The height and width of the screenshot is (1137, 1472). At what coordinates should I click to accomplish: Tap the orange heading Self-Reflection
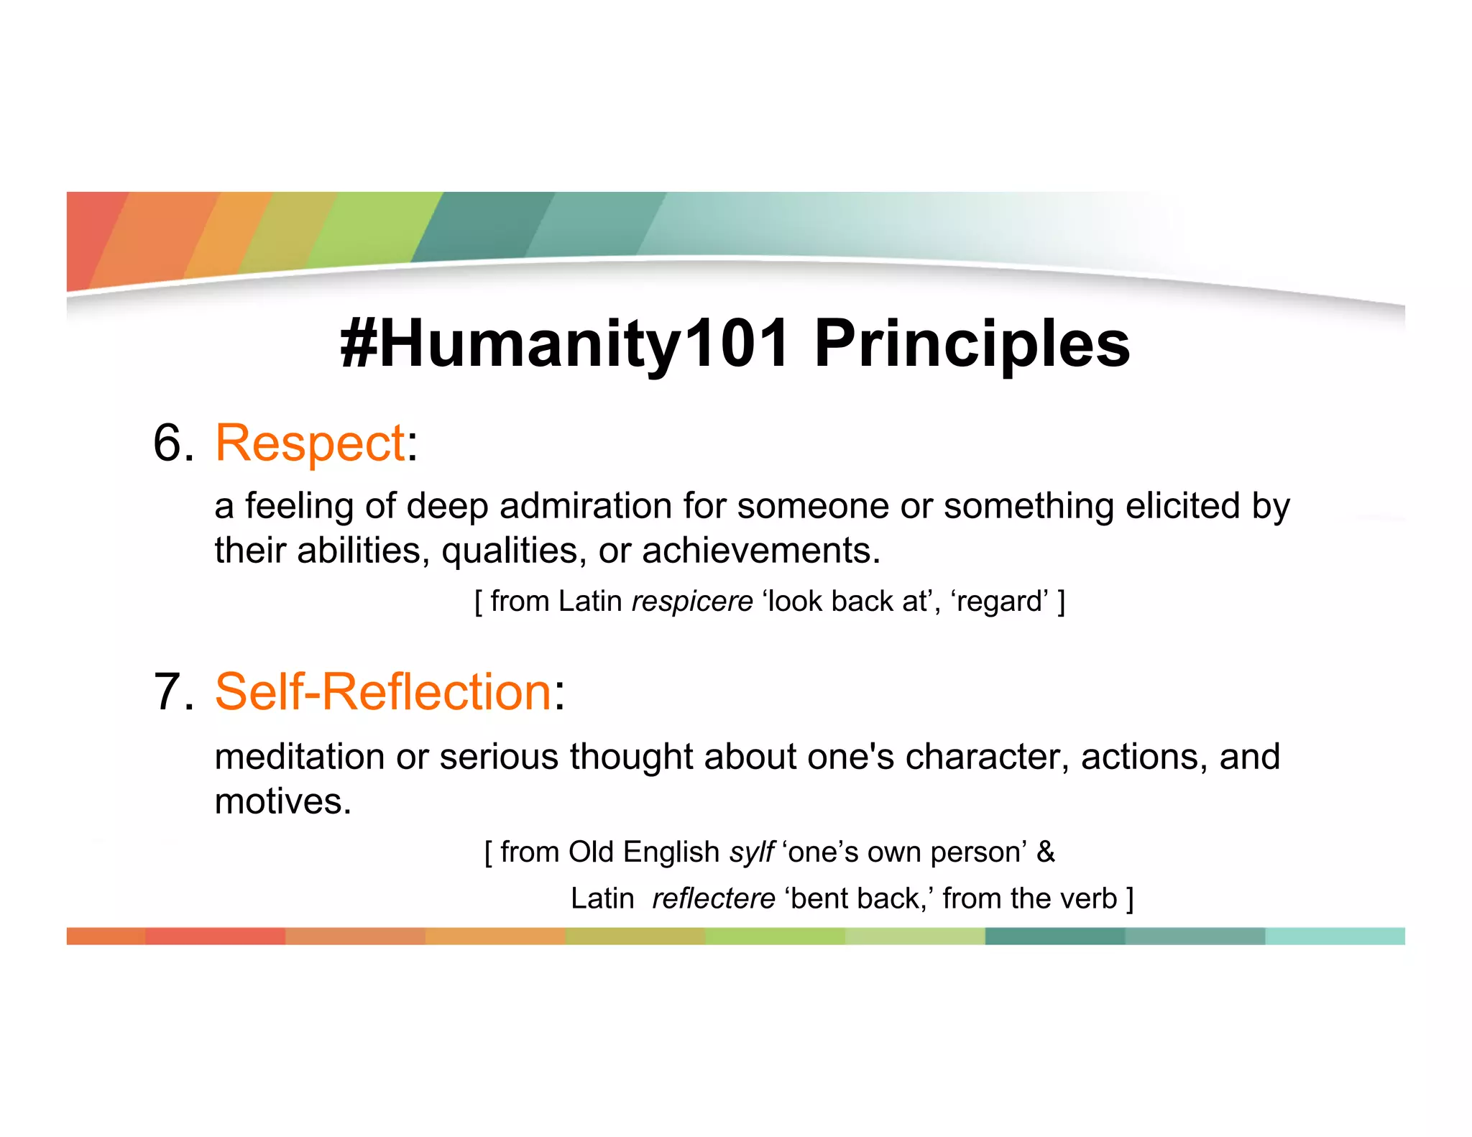point(383,691)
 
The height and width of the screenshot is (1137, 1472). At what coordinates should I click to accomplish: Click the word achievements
point(760,551)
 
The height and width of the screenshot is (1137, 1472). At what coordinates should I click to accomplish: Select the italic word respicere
point(691,601)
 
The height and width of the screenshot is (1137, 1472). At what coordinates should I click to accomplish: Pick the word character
point(987,756)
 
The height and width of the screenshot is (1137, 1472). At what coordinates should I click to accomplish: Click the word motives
point(282,801)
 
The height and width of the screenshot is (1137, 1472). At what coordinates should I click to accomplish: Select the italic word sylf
point(751,852)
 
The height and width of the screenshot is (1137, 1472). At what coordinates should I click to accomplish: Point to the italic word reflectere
point(713,898)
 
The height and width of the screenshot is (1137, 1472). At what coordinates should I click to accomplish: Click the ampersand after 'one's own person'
point(1046,852)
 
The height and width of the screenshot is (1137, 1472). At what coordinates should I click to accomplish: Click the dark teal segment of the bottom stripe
point(1054,936)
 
